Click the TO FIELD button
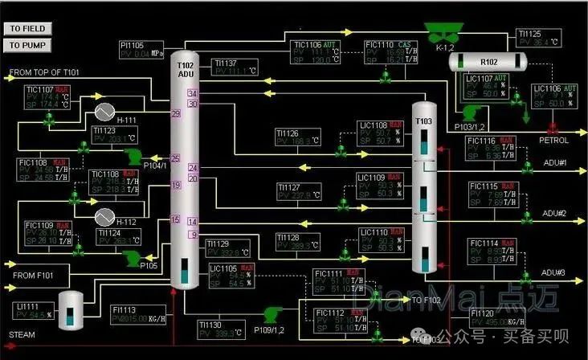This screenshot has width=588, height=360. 27,28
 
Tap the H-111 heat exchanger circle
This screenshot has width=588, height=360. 104,111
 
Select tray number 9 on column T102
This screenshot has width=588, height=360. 193,235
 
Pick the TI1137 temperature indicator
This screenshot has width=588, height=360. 236,67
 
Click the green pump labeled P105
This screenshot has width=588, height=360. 129,257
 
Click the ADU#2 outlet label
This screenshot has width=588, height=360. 554,214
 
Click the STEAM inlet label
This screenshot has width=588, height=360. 22,334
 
